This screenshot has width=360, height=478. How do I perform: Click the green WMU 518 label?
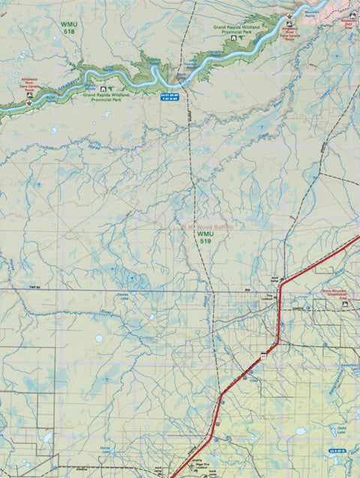pyautogui.click(x=70, y=28)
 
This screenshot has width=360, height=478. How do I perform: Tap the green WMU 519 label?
pyautogui.click(x=205, y=239)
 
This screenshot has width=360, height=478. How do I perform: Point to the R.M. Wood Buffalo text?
pyautogui.click(x=208, y=226)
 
